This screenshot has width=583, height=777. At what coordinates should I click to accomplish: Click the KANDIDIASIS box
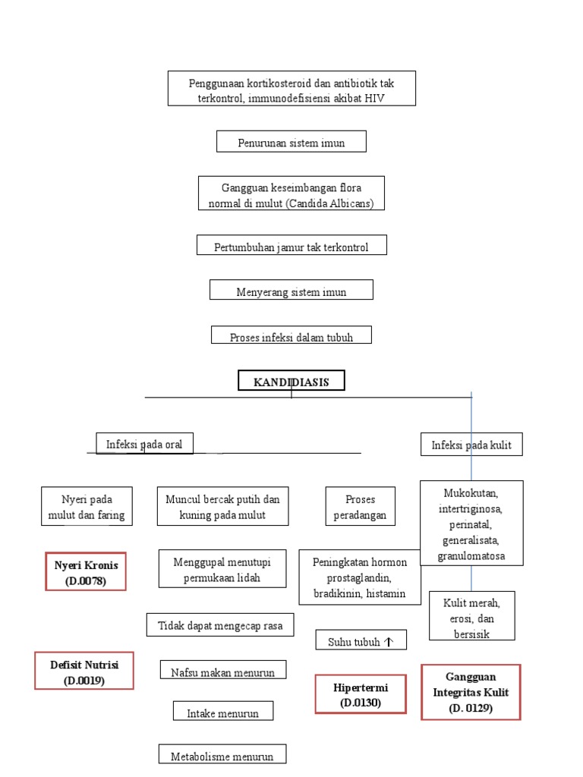click(x=291, y=381)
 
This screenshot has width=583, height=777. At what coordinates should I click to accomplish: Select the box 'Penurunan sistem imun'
click(x=291, y=142)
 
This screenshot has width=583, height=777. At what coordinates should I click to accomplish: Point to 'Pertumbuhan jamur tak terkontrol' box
click(x=291, y=245)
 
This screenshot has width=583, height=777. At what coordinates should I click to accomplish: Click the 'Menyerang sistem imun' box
click(x=291, y=290)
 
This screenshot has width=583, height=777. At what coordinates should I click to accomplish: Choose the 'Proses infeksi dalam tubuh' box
click(x=291, y=335)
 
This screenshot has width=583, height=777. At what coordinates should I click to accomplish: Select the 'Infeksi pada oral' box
click(x=144, y=444)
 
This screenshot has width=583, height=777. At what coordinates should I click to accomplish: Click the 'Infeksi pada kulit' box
click(x=471, y=445)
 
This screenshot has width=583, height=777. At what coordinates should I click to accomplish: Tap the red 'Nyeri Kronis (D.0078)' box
click(x=86, y=572)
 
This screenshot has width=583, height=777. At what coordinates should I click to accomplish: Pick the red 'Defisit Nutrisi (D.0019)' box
click(x=84, y=671)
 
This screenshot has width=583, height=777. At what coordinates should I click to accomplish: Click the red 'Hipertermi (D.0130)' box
click(x=361, y=694)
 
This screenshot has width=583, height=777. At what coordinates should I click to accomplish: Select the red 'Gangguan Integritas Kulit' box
click(x=471, y=692)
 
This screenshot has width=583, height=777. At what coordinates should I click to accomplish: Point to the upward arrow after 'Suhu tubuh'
click(x=389, y=641)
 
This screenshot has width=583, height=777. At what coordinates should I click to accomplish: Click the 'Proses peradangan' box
click(x=361, y=507)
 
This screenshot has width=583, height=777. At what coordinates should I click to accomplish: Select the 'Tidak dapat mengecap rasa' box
click(x=220, y=625)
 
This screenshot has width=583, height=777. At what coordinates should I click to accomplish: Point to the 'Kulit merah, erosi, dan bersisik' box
click(x=471, y=617)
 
